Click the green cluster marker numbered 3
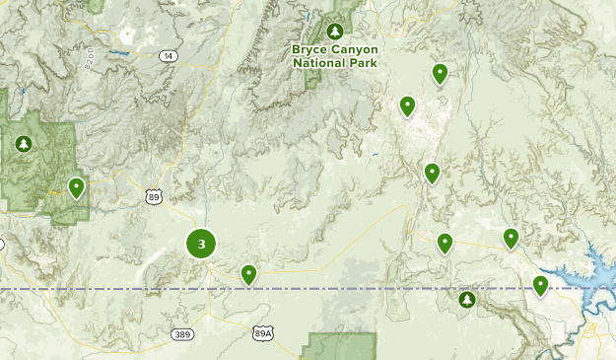click(201, 244)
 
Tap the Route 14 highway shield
click(168, 56)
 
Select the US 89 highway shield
click(154, 197)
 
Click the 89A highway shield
click(262, 334)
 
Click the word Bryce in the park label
click(310, 49)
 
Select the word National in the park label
click(317, 62)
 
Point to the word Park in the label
click(363, 62)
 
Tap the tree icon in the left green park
click(24, 145)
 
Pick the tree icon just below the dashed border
click(466, 299)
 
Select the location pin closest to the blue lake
click(540, 285)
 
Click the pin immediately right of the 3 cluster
click(249, 274)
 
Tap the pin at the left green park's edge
click(76, 186)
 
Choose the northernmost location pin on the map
click(440, 72)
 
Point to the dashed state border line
click(345, 289)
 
